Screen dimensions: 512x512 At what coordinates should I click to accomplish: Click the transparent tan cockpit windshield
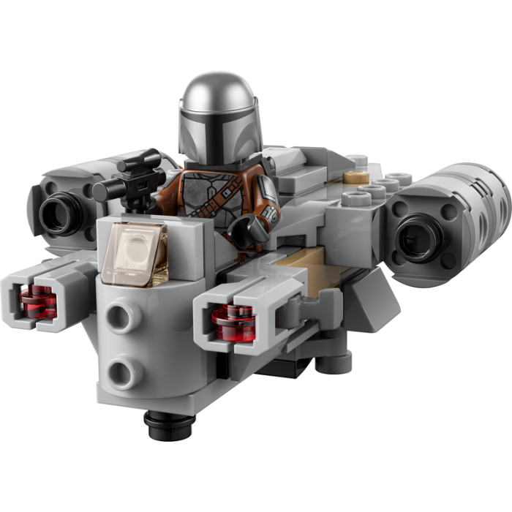pos(133,253)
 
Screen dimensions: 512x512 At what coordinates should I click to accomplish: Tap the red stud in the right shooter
pos(233,322)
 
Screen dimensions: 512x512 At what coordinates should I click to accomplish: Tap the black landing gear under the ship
pos(169,423)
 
